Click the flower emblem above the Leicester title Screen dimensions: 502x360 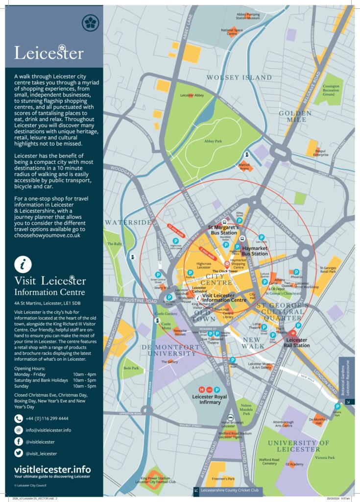[x=90, y=21]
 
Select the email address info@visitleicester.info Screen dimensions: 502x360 [x=48, y=430]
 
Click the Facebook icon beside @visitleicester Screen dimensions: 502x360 [x=19, y=442]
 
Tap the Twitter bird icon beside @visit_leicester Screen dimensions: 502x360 [x=19, y=453]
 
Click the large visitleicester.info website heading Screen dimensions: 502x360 [x=52, y=469]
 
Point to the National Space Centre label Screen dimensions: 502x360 [x=232, y=32]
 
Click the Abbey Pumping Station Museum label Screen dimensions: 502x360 [x=248, y=17]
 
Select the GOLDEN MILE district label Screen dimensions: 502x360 [x=295, y=116]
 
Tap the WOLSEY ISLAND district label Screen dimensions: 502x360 [x=239, y=77]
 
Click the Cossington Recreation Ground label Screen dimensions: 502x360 [x=331, y=90]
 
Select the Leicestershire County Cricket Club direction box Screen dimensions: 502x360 [x=227, y=490]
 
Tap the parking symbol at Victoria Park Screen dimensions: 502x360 [x=337, y=406]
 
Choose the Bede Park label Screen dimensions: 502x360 [x=131, y=367]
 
